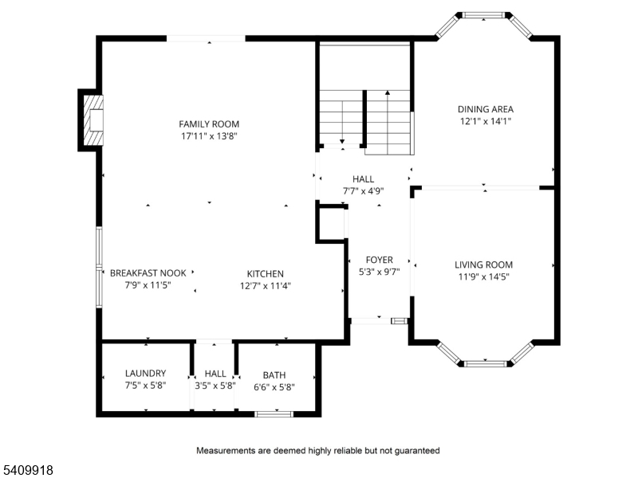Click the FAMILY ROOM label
[x=209, y=124]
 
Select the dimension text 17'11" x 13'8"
[x=209, y=136]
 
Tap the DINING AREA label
[x=485, y=109]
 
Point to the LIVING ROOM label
[x=483, y=264]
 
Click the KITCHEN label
[x=265, y=273]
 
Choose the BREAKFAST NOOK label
[x=148, y=272]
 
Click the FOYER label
[x=380, y=260]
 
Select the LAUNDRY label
[x=145, y=373]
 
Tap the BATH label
[x=274, y=375]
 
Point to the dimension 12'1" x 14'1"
[x=485, y=122]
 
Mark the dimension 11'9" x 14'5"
[x=483, y=277]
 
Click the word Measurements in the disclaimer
[x=229, y=450]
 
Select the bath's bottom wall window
[x=274, y=413]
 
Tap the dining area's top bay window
[x=484, y=14]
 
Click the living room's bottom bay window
[x=485, y=364]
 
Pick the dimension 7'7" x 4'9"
[x=358, y=191]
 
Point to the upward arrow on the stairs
[x=388, y=94]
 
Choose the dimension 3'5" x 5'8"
[x=215, y=386]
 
